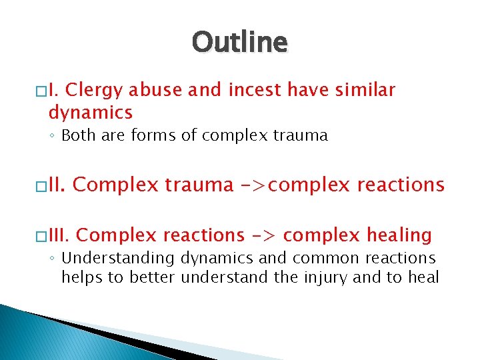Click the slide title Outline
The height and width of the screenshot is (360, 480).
click(x=240, y=43)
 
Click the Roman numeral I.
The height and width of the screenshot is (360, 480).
click(x=57, y=90)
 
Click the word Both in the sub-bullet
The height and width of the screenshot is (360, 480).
click(x=78, y=136)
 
